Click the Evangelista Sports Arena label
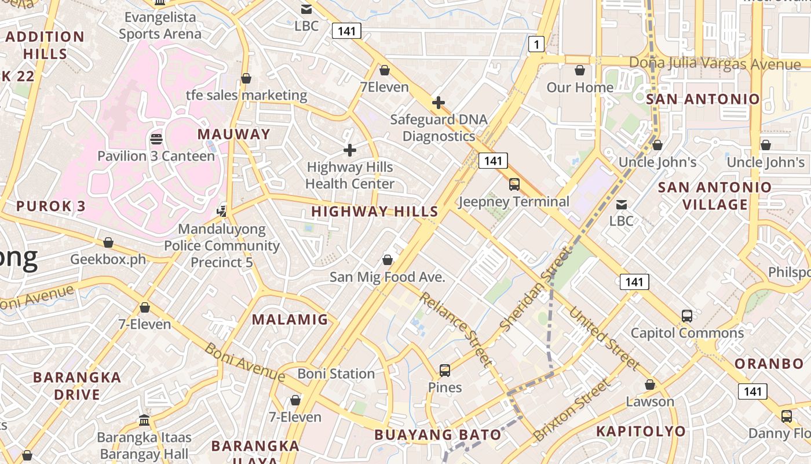pos(160,26)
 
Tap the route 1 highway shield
pos(536,43)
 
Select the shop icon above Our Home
pos(580,71)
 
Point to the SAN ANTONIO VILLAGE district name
pos(715,196)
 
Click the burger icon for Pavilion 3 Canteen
pos(156,139)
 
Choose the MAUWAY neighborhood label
pos(234,134)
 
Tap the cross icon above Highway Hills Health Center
pos(350,150)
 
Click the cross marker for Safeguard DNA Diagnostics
pos(439,103)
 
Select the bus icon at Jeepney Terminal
pos(514,184)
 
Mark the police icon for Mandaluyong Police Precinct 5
pos(221,210)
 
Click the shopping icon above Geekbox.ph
pos(108,242)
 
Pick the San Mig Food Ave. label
pos(388,277)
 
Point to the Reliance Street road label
pos(456,329)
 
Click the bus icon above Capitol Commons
pos(687,316)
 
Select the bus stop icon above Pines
pos(445,370)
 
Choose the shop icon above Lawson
pos(650,385)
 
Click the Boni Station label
pos(336,374)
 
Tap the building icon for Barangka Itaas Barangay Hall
pos(144,420)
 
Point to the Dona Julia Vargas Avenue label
pos(715,63)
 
